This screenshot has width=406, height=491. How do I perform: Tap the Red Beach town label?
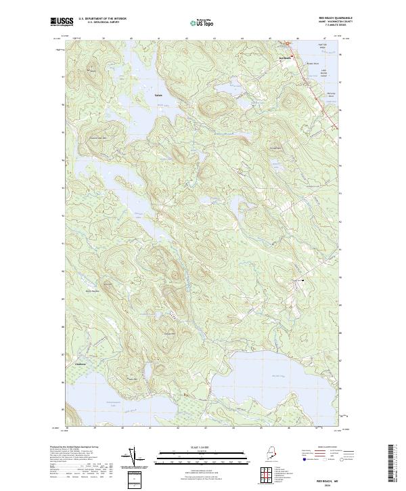click(285, 58)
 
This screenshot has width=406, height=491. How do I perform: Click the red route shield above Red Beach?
click(286, 44)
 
